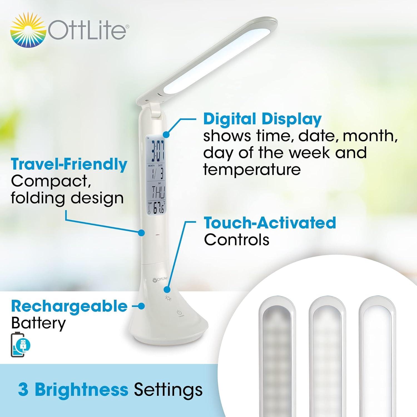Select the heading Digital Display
click(262, 119)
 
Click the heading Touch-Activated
click(270, 223)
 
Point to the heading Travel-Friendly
click(69, 164)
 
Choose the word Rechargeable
click(69, 306)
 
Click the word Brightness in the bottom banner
click(81, 389)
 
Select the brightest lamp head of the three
click(377, 356)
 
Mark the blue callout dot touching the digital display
click(166, 134)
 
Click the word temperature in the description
click(252, 170)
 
